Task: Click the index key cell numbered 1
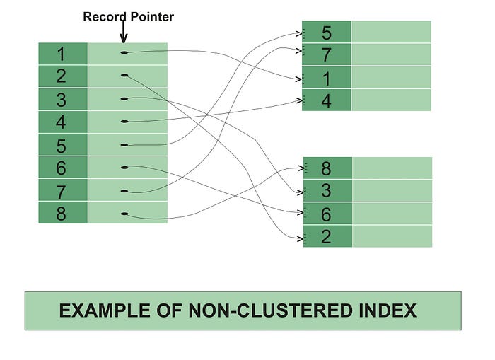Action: [x=62, y=54]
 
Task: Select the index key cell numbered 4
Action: [x=62, y=122]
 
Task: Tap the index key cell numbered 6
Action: [x=62, y=168]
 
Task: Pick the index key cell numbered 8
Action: [x=62, y=213]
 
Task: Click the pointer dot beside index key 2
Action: [x=124, y=75]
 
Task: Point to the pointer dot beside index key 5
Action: [x=124, y=144]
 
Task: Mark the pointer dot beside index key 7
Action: [x=124, y=190]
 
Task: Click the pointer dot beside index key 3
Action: [x=124, y=98]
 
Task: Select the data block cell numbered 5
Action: [x=326, y=33]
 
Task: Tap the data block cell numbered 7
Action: [x=326, y=55]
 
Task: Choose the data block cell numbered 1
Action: [x=326, y=78]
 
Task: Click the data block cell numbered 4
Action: [x=326, y=100]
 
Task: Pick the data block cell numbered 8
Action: [x=326, y=168]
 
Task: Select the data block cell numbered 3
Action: [x=326, y=191]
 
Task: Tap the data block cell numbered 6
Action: [x=326, y=214]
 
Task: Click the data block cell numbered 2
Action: [x=326, y=236]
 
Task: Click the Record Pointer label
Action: [x=128, y=16]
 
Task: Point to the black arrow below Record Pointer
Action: [x=124, y=33]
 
